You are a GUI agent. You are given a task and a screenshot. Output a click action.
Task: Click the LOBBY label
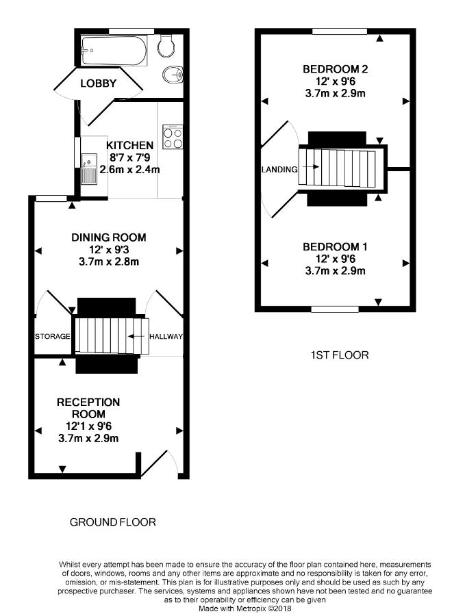(99, 84)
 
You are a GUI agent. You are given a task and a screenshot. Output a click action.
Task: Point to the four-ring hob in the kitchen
(173, 139)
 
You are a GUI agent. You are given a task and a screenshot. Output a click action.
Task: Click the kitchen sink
(88, 169)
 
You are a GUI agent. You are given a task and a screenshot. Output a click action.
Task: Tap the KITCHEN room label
(129, 145)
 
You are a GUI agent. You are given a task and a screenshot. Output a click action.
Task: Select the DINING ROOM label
(109, 238)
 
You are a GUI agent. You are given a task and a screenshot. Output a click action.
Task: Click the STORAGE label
(53, 337)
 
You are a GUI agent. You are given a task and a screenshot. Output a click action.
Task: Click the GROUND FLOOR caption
(113, 522)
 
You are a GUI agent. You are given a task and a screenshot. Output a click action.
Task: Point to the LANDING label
(279, 169)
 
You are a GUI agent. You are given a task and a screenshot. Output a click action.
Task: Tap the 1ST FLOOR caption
(339, 355)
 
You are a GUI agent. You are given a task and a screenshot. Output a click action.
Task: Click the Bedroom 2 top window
(340, 31)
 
